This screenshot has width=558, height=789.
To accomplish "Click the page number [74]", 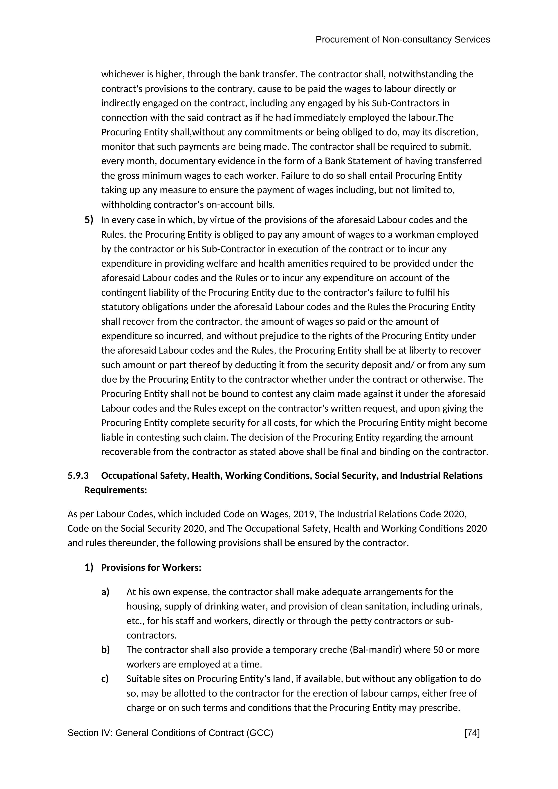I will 472,733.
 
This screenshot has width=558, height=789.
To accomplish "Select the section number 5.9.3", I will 78,476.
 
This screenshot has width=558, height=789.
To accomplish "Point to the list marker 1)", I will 89,567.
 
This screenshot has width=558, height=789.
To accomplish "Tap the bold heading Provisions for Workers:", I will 151,568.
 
